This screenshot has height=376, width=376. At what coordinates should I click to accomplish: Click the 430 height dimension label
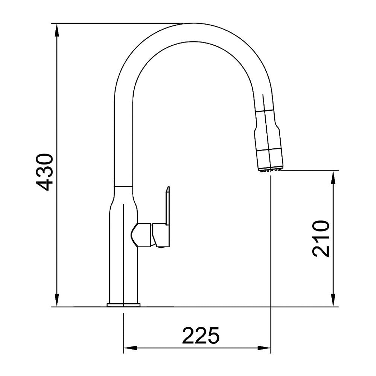pos(46,172)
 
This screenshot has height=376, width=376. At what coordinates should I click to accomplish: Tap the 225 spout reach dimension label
pos(201,336)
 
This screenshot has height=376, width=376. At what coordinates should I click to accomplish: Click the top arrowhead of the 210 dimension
pos(333,177)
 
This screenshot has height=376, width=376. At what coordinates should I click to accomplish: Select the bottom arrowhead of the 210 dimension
pos(333,300)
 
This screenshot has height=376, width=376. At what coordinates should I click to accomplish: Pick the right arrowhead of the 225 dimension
pos(264,347)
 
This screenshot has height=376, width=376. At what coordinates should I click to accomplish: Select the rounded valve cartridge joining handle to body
pos(141,235)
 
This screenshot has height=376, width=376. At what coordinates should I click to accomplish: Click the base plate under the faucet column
pos(124,305)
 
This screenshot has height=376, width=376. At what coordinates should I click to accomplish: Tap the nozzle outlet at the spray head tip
pos(270,170)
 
